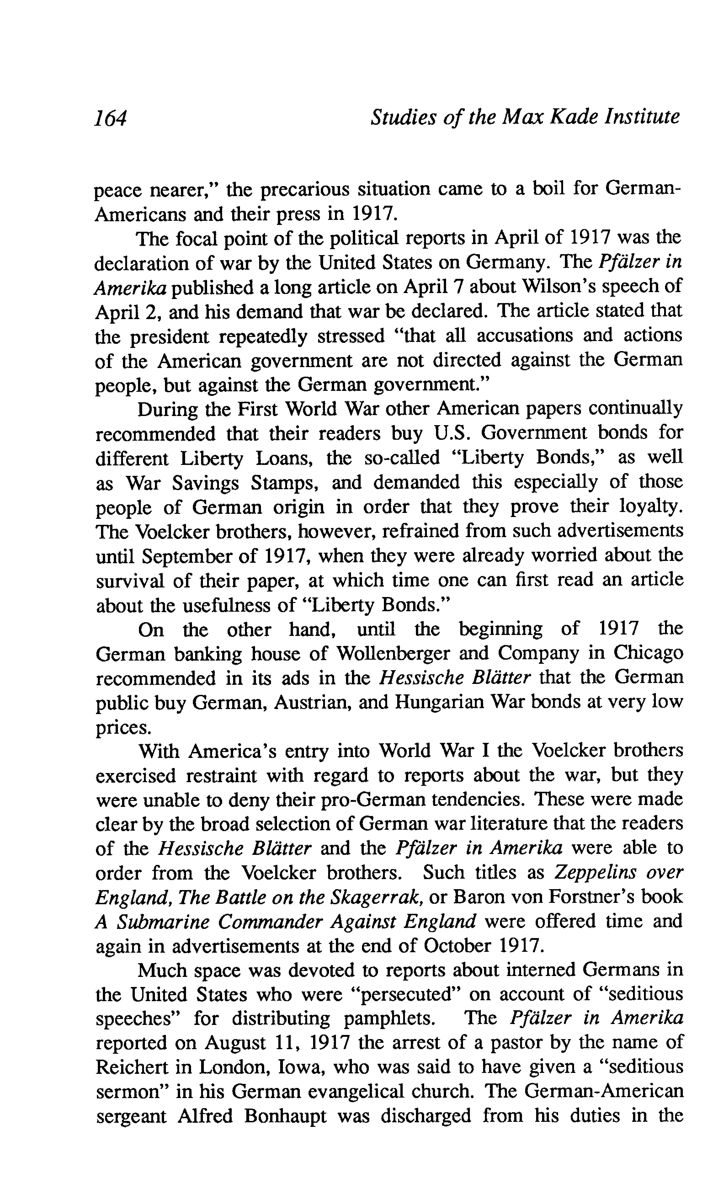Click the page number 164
point(111,118)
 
